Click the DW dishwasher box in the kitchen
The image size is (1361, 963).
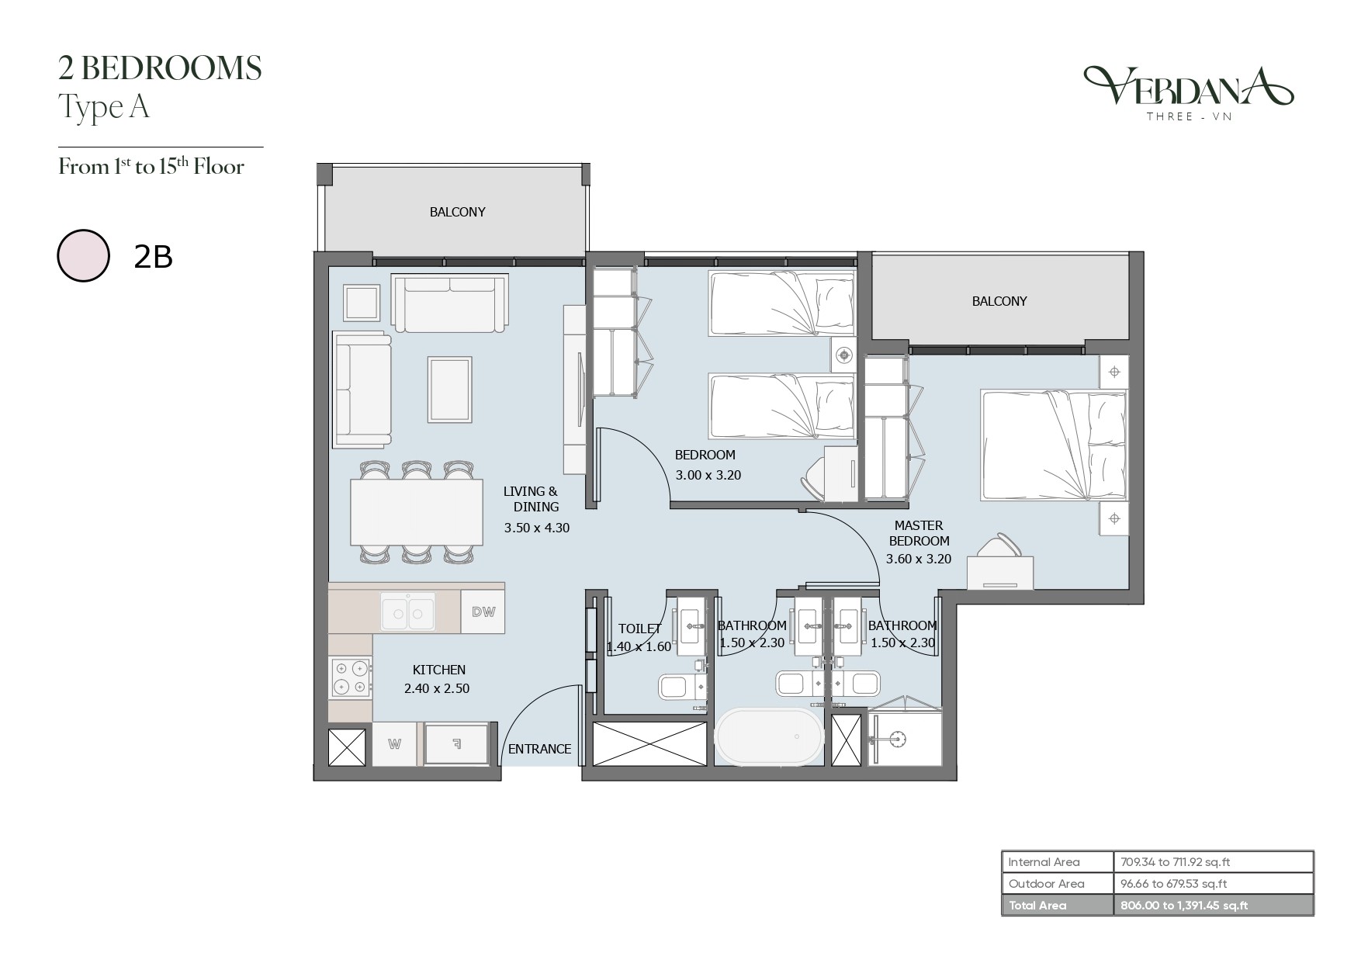tap(483, 611)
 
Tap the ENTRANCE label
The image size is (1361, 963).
tap(539, 749)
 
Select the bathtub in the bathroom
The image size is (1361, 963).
tap(768, 736)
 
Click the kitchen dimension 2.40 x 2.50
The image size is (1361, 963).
tap(437, 688)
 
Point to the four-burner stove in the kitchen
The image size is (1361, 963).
tap(350, 677)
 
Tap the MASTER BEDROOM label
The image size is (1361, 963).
tap(919, 533)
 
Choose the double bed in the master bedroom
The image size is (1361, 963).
tap(1054, 446)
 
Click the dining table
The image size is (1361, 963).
tap(417, 512)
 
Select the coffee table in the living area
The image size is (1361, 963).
tap(450, 390)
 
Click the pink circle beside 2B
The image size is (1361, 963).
tap(83, 255)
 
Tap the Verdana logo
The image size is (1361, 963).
tap(1188, 92)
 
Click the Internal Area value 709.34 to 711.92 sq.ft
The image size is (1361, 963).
tap(1176, 862)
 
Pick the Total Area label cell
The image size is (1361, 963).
tap(1057, 906)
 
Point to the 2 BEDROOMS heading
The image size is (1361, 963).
tap(160, 68)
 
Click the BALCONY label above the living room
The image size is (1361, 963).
tap(457, 212)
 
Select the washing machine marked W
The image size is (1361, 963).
tap(394, 744)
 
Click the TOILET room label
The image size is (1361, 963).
tap(639, 629)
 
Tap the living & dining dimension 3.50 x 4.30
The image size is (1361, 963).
tap(536, 528)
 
